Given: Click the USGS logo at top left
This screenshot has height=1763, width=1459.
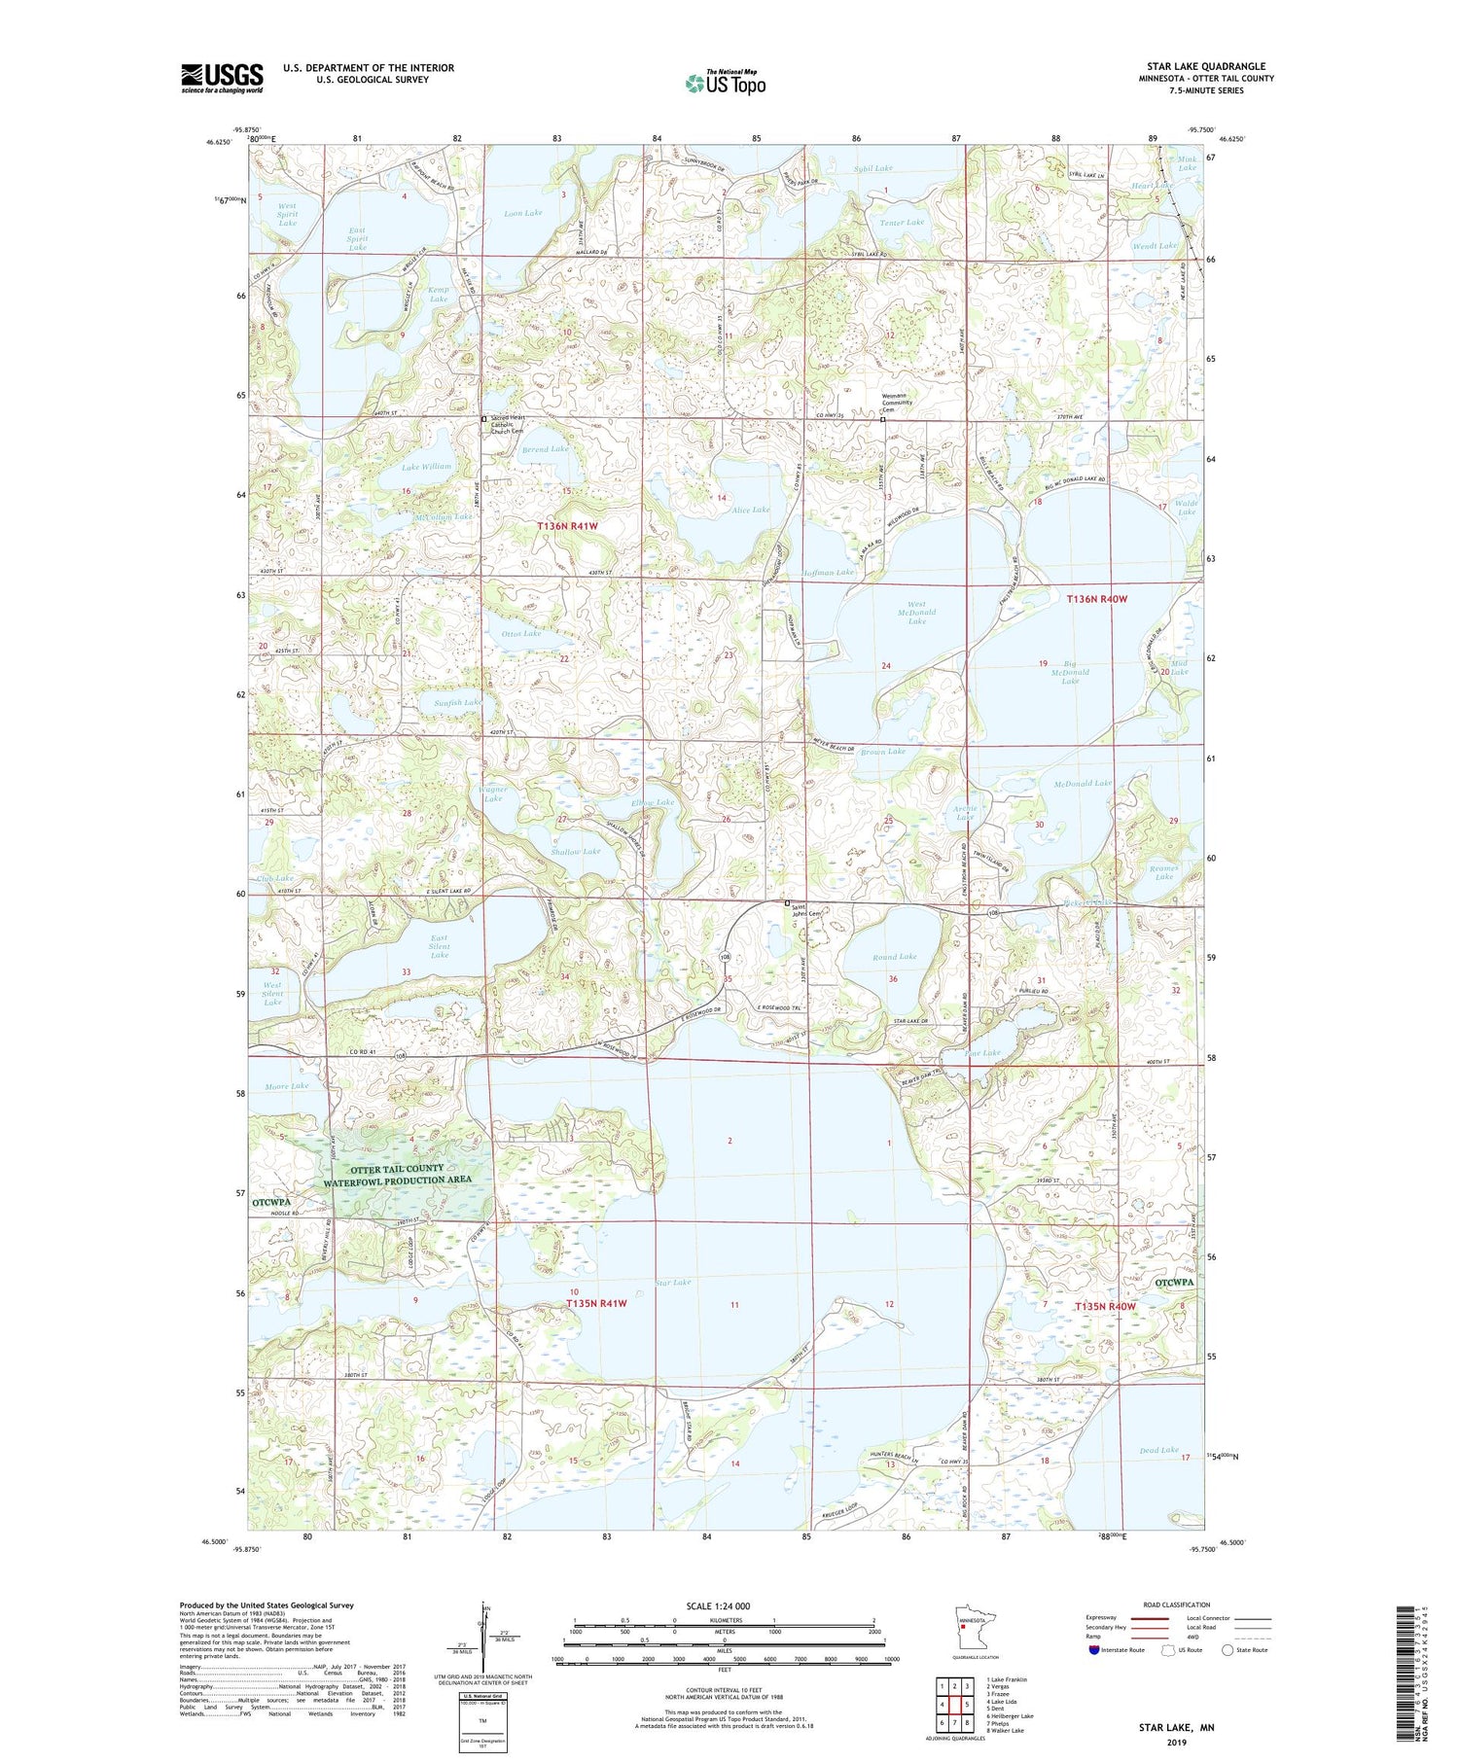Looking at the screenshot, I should pyautogui.click(x=222, y=78).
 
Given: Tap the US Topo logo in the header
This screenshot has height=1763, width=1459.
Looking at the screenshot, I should pyautogui.click(x=726, y=83).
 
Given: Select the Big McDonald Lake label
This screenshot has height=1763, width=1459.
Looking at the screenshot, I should pyautogui.click(x=1069, y=672).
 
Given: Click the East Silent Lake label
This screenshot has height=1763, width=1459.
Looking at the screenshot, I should pyautogui.click(x=440, y=946).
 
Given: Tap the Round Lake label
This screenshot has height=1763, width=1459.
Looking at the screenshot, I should pyautogui.click(x=894, y=957).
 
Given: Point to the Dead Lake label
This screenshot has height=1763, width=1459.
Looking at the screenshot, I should pyautogui.click(x=1157, y=1450).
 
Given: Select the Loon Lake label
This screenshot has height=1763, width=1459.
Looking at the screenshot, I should pyautogui.click(x=523, y=212).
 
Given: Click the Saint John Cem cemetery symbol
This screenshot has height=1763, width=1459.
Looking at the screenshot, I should pyautogui.click(x=787, y=902).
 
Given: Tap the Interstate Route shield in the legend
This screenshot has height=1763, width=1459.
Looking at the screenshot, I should pyautogui.click(x=1094, y=1650).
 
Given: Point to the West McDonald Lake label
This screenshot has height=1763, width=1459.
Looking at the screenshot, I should pyautogui.click(x=916, y=612).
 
